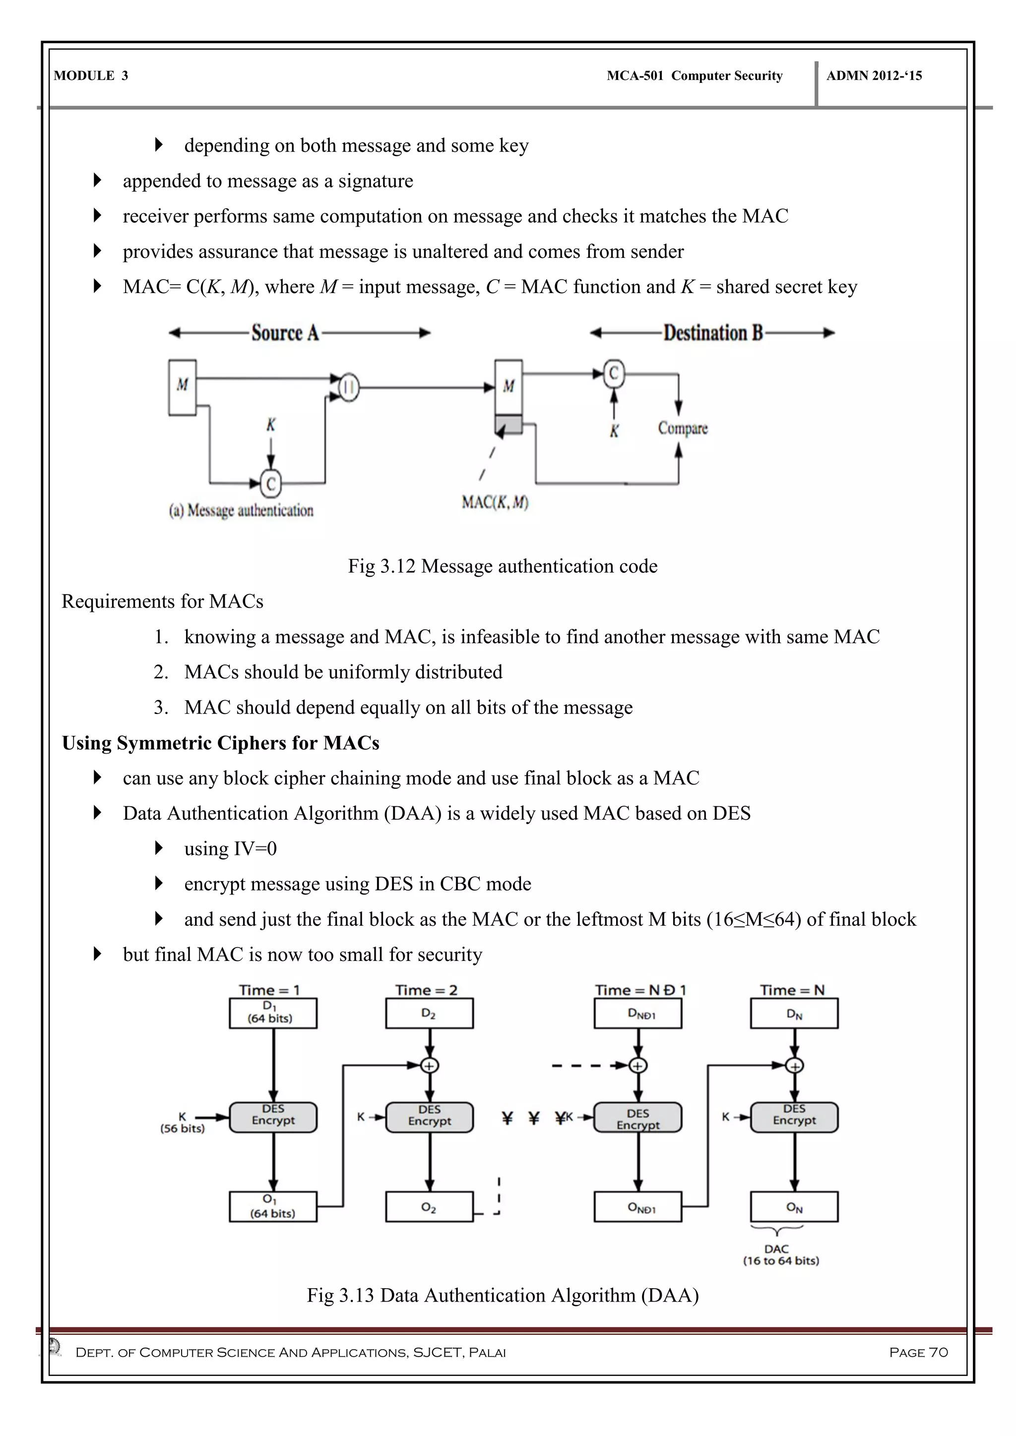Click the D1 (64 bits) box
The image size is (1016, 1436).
[x=273, y=1013]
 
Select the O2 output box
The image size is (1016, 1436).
[x=429, y=1206]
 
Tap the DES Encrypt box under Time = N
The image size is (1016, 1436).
[x=794, y=1117]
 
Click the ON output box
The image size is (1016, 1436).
[x=794, y=1206]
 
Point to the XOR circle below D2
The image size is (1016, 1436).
[x=429, y=1065]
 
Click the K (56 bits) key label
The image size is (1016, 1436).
[x=182, y=1123]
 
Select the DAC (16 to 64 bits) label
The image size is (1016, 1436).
[x=780, y=1255]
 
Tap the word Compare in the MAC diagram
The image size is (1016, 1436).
[x=683, y=428]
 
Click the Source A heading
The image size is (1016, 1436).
[x=285, y=333]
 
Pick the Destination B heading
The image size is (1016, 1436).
[x=713, y=333]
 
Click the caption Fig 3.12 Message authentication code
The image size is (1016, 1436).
[x=503, y=566]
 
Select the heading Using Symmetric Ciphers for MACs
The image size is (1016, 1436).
[x=221, y=743]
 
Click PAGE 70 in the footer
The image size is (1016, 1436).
[x=918, y=1352]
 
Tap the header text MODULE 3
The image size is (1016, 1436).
[x=91, y=76]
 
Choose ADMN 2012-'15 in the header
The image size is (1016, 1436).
[x=874, y=76]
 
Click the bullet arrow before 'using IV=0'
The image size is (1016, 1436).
[x=158, y=848]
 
